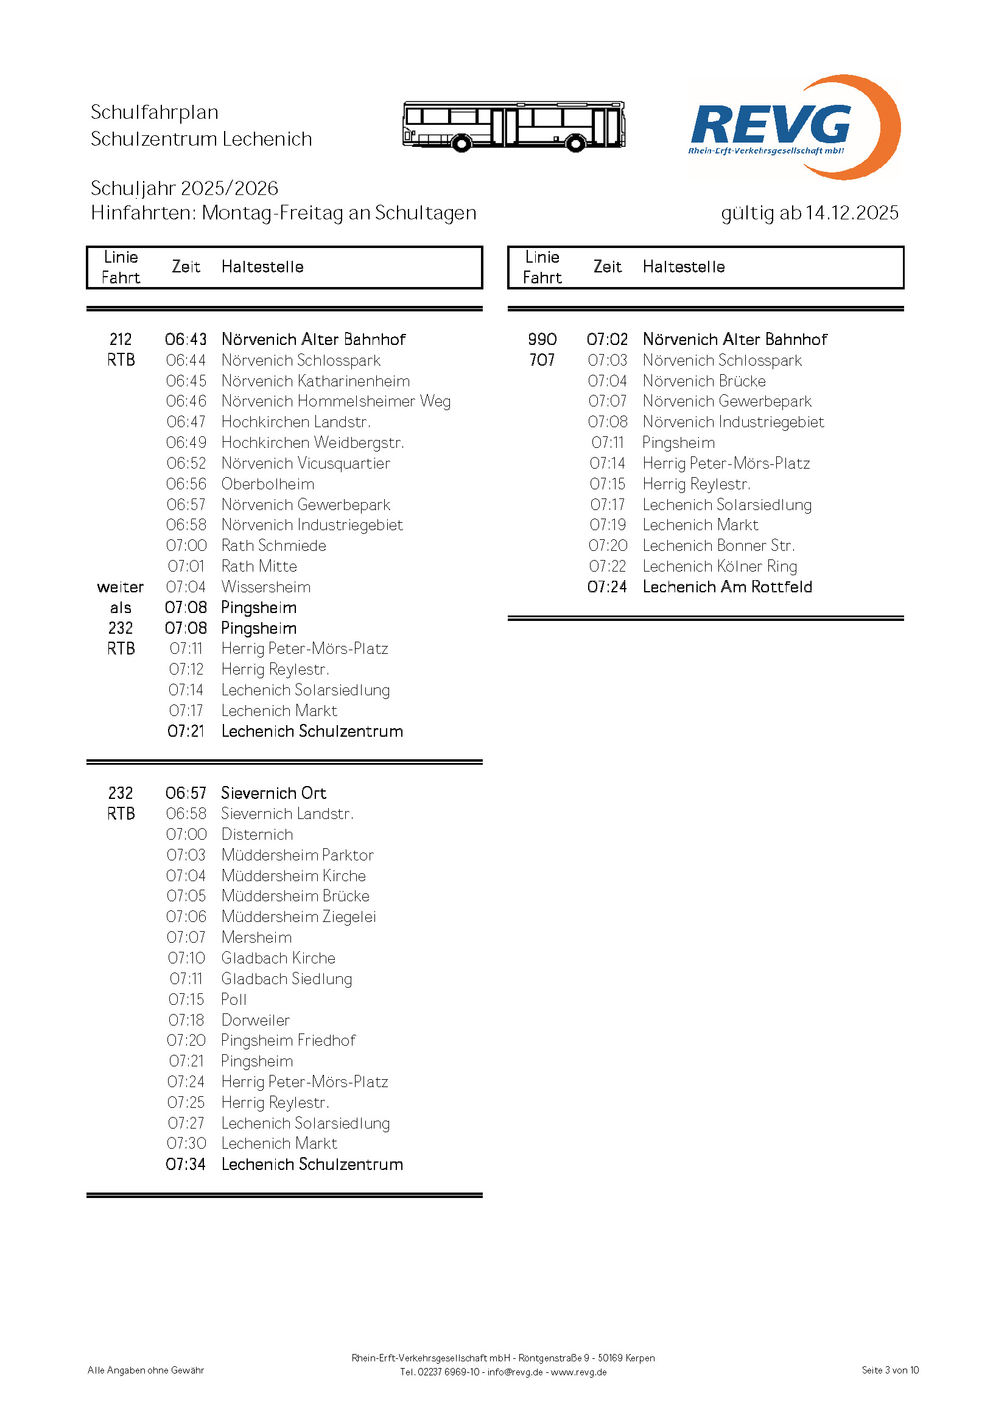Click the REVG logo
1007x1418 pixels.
coord(794,128)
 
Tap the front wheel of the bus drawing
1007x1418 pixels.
coord(461,144)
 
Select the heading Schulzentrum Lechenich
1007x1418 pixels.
coord(201,139)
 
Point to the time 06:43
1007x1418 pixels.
coord(186,339)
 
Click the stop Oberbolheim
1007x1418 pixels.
coord(267,484)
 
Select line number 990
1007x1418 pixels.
coord(542,339)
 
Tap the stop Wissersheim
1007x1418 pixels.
coord(266,587)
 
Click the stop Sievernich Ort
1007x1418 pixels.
coord(273,793)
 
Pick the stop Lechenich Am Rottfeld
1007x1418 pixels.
coord(727,587)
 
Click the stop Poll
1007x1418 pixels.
coord(234,1000)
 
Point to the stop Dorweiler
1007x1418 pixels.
coord(256,1020)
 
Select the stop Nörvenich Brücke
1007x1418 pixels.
coord(704,381)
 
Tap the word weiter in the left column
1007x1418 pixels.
coord(121,587)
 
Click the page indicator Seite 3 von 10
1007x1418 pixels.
coord(890,1370)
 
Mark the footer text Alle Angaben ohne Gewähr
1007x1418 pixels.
coord(146,1370)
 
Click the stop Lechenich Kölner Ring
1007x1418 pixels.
coord(719,567)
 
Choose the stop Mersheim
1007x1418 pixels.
coord(256,938)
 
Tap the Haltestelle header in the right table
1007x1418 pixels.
coord(683,267)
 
